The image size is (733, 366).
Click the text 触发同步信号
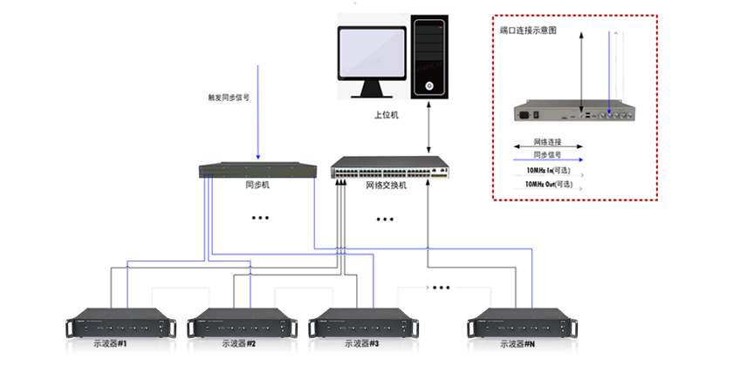[229, 98]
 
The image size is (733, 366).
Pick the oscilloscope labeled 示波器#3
[360, 322]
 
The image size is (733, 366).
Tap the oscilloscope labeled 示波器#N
[519, 322]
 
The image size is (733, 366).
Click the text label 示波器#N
[519, 343]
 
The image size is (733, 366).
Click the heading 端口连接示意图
[528, 30]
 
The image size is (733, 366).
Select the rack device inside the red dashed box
[579, 112]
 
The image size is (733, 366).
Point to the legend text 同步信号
[547, 153]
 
